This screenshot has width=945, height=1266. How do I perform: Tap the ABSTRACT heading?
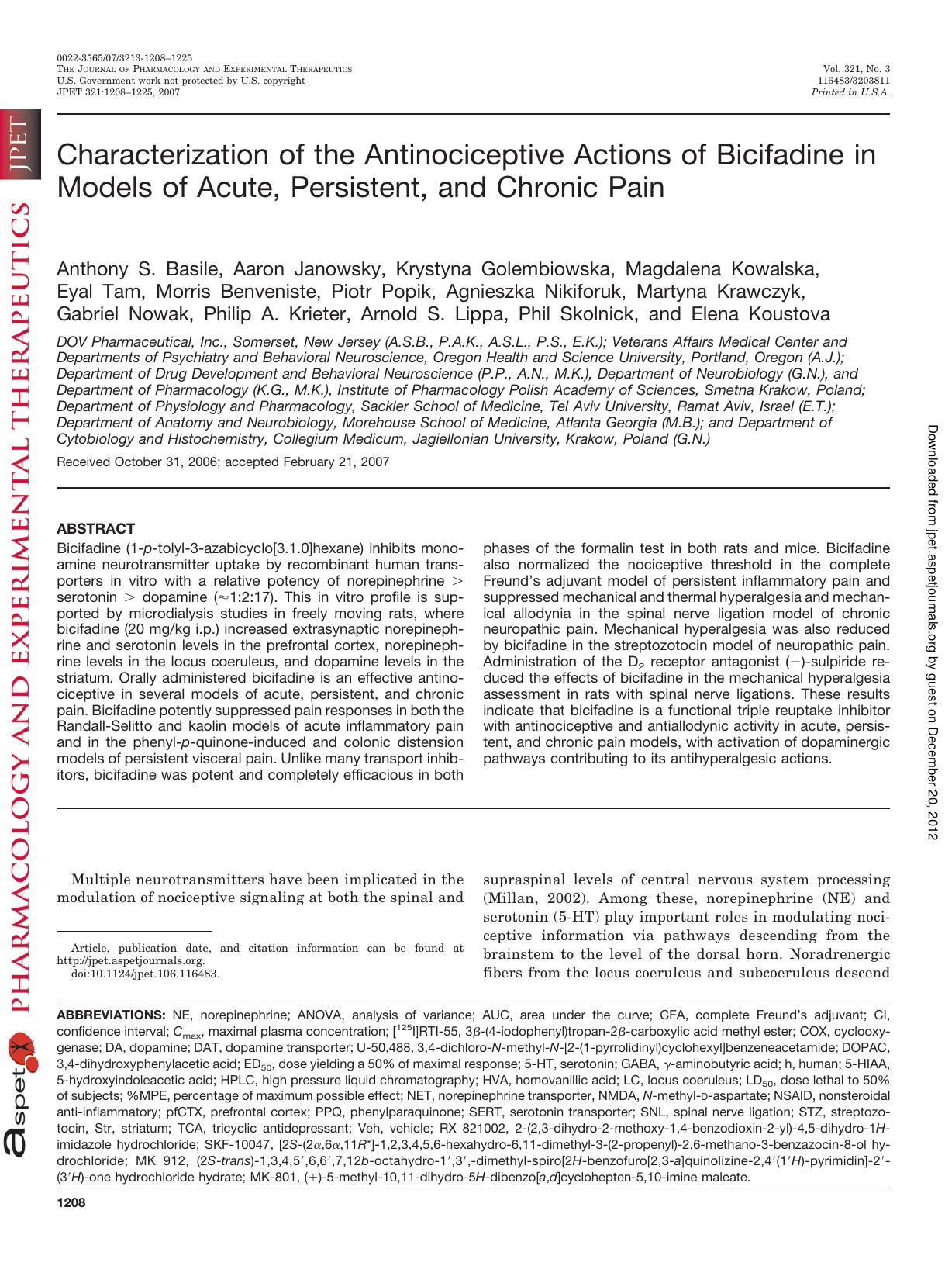[x=96, y=529]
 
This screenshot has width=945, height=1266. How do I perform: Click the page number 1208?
[x=71, y=1203]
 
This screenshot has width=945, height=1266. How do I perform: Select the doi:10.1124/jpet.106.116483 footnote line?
[x=145, y=974]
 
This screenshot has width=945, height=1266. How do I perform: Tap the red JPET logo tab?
[x=19, y=147]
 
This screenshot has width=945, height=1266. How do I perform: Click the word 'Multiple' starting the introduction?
[x=102, y=880]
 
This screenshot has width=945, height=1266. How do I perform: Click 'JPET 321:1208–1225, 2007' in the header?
[x=119, y=92]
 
